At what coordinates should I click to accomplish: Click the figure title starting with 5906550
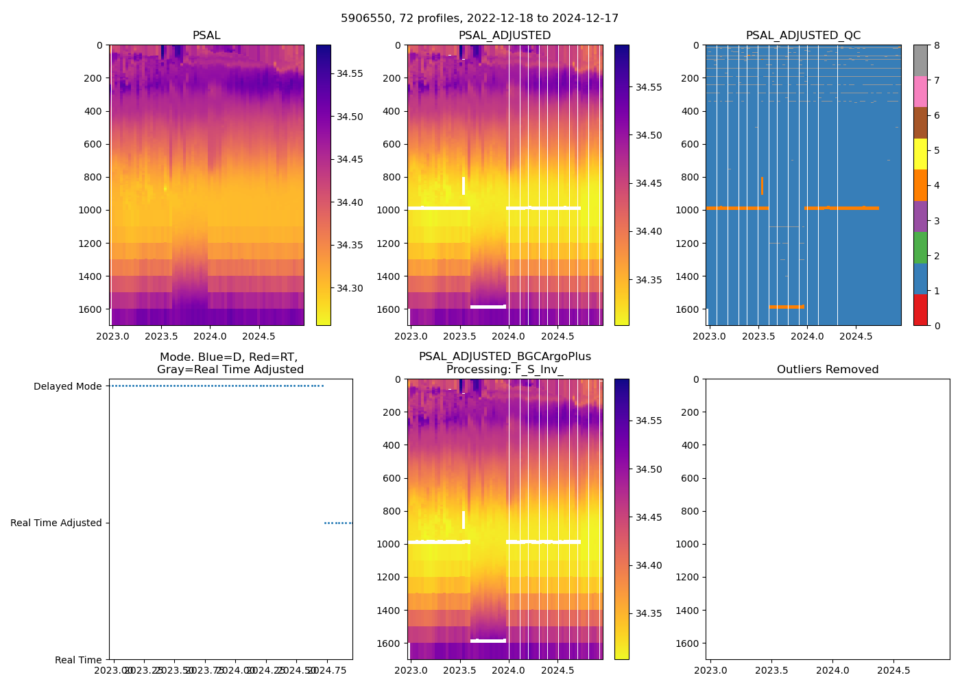click(479, 19)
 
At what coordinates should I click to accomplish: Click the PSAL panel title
click(206, 36)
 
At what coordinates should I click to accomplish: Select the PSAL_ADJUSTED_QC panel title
click(803, 36)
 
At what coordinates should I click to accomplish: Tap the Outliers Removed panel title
click(827, 370)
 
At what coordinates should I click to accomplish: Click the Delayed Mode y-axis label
click(67, 386)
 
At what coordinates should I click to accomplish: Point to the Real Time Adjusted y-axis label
click(56, 523)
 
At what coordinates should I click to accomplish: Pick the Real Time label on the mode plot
click(78, 660)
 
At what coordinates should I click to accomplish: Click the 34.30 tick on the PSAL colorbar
click(350, 288)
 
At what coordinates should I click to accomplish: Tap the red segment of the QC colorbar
click(920, 310)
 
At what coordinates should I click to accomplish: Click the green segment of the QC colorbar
click(920, 247)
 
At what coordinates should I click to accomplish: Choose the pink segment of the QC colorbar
click(920, 92)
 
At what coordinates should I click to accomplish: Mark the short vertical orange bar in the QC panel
click(762, 185)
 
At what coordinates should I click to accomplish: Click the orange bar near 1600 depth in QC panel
click(787, 307)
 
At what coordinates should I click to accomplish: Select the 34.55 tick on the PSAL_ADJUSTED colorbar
click(648, 87)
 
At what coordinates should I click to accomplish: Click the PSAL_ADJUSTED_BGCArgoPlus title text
click(505, 357)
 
